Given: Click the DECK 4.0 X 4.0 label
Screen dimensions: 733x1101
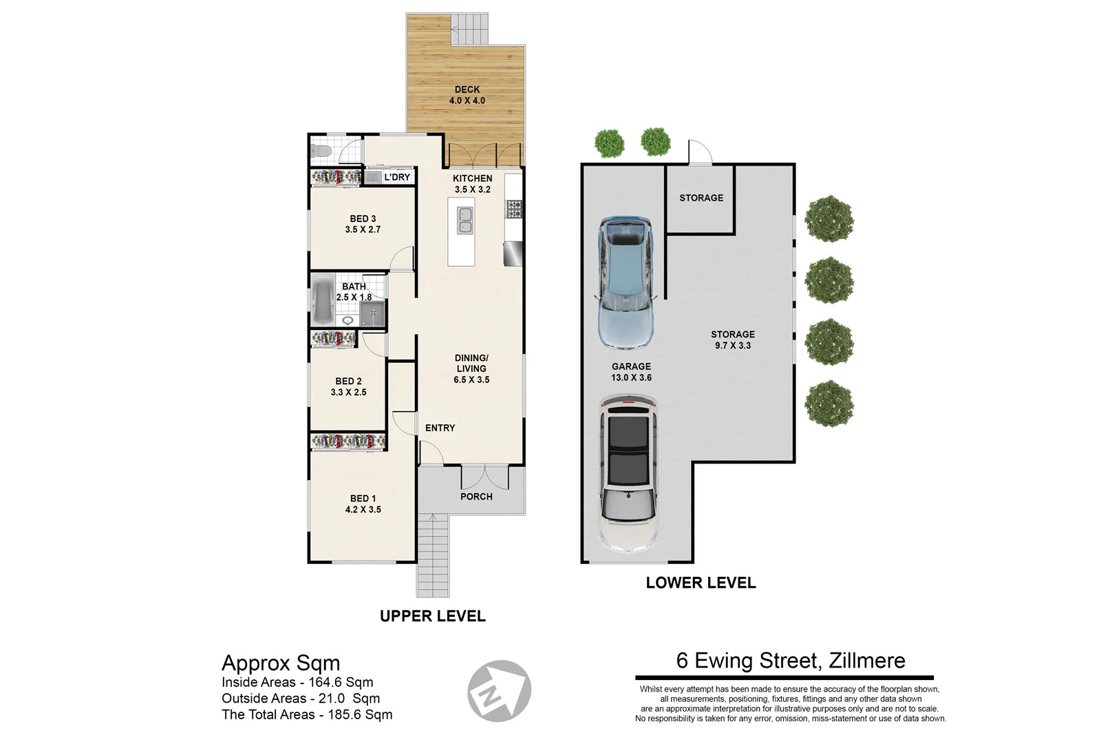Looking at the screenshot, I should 467,95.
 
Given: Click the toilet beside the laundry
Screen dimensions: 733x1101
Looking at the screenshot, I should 320,151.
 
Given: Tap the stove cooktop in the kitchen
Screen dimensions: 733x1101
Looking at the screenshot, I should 513,208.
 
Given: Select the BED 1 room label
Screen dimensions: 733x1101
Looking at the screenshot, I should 363,499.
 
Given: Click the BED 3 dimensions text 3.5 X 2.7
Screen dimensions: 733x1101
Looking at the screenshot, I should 363,230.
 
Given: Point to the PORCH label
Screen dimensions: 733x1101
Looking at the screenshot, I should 476,496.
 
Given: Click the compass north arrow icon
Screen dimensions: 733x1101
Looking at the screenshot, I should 500,690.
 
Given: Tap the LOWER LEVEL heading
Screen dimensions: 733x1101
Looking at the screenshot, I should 701,583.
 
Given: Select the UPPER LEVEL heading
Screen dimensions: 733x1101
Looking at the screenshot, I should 433,616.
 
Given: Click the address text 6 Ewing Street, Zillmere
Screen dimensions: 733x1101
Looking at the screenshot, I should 791,661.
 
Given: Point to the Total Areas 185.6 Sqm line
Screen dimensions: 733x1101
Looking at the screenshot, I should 307,714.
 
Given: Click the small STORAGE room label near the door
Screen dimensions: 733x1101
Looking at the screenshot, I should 701,197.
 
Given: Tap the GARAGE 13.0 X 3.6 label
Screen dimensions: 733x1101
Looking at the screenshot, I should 631,372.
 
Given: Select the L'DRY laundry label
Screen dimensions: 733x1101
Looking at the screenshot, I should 397,177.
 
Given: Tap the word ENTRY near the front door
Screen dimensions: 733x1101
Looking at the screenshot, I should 440,428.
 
